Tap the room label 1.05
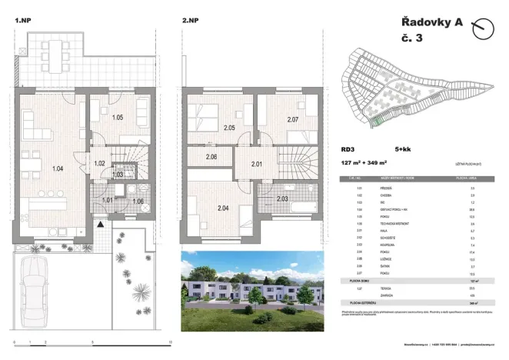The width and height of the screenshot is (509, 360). tap(118, 118)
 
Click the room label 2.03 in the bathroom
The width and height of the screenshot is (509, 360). tap(282, 199)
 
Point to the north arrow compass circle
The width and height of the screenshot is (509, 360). tap(483, 30)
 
